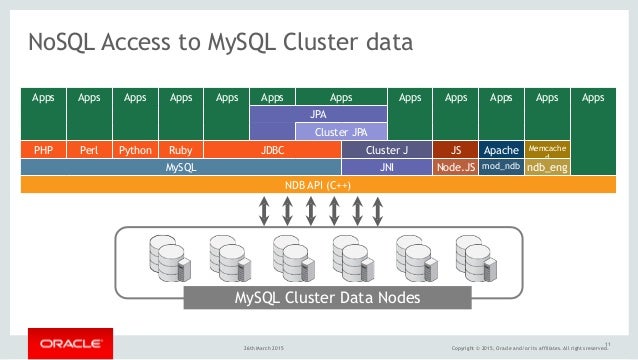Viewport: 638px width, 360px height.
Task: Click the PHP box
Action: pyautogui.click(x=43, y=150)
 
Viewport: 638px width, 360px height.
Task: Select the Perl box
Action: pyautogui.click(x=89, y=150)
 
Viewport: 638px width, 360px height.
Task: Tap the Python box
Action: pyautogui.click(x=135, y=150)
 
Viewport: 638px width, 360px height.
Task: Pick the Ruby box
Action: pyautogui.click(x=181, y=150)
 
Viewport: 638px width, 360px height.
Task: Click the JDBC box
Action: pyautogui.click(x=272, y=150)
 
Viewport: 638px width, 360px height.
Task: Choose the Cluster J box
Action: pyautogui.click(x=386, y=150)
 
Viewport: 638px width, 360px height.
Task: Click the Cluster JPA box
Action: pyautogui.click(x=341, y=132)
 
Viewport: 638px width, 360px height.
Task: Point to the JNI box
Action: pyautogui.click(x=386, y=168)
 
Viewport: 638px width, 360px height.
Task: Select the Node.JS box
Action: pyautogui.click(x=455, y=168)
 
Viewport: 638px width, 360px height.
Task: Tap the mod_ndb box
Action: pyautogui.click(x=501, y=167)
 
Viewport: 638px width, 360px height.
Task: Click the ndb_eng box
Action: pyautogui.click(x=547, y=168)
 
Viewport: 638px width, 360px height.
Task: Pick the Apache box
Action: pyautogui.click(x=501, y=150)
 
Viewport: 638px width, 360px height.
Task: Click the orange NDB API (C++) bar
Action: pyautogui.click(x=318, y=185)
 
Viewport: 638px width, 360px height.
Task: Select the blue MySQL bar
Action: pyautogui.click(x=180, y=168)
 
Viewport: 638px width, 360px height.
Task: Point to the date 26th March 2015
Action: pyautogui.click(x=265, y=348)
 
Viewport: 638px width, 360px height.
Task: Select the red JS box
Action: pyautogui.click(x=455, y=150)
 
